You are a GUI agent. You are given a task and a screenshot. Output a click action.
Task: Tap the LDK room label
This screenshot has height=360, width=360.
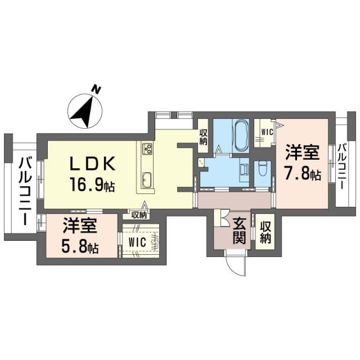click(93, 164)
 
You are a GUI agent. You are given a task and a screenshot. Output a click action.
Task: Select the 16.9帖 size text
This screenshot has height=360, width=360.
click(93, 184)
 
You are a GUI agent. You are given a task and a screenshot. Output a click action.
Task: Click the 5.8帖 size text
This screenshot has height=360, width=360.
click(80, 246)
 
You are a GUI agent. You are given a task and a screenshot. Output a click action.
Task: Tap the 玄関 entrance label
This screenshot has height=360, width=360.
click(240, 231)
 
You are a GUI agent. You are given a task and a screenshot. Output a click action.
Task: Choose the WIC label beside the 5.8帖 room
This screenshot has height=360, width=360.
click(137, 242)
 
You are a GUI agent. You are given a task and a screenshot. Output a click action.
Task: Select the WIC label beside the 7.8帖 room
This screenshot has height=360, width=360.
click(264, 132)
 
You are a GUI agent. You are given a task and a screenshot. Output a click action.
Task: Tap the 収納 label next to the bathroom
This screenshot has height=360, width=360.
click(203, 136)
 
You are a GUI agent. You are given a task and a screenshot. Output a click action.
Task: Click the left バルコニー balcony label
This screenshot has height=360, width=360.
click(25, 191)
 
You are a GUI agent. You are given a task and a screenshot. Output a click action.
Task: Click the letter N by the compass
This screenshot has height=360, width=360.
click(97, 89)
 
